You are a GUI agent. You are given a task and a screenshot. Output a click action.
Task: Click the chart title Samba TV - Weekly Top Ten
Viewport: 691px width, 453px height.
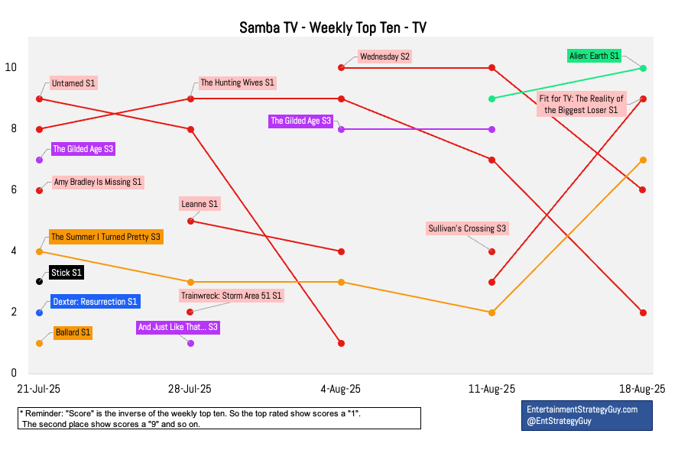tap(333, 28)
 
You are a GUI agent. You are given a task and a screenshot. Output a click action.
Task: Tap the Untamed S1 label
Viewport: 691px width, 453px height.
tap(73, 83)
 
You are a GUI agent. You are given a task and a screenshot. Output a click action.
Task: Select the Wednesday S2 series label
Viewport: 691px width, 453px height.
tap(384, 57)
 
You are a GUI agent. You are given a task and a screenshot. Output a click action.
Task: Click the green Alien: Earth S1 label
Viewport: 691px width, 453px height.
tap(594, 56)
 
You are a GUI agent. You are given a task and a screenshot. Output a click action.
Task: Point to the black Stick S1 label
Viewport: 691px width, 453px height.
tap(66, 272)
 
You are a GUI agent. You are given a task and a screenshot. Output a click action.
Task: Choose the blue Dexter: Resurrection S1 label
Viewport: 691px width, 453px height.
tap(95, 302)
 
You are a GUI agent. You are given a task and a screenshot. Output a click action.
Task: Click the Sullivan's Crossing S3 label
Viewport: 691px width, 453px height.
tap(466, 228)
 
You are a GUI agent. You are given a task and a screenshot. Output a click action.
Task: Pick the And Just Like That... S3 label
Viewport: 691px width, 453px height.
tap(177, 327)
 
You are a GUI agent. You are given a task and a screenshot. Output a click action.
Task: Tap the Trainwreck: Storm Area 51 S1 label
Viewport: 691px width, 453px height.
tap(231, 295)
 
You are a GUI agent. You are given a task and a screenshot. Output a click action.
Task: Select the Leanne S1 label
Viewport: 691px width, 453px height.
tap(200, 204)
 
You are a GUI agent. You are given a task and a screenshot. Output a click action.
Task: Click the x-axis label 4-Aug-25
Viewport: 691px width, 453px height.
tap(341, 389)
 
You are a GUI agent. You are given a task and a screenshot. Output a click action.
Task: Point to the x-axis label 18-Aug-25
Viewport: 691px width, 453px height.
tap(643, 389)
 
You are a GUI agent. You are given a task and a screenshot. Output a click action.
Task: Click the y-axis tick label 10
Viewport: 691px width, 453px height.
tap(11, 67)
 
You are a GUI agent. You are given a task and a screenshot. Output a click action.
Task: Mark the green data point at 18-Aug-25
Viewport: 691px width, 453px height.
tap(643, 68)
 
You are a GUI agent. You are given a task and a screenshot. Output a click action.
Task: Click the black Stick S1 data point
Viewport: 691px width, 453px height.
tap(39, 282)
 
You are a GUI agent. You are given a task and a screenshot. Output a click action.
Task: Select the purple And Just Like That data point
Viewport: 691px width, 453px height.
tap(190, 343)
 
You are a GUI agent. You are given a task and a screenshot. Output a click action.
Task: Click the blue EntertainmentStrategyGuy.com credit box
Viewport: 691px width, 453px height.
tap(586, 415)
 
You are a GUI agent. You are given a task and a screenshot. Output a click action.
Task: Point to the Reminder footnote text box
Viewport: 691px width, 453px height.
tap(219, 418)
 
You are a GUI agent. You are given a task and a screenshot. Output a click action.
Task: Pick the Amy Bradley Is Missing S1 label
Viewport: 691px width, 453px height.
tap(97, 183)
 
